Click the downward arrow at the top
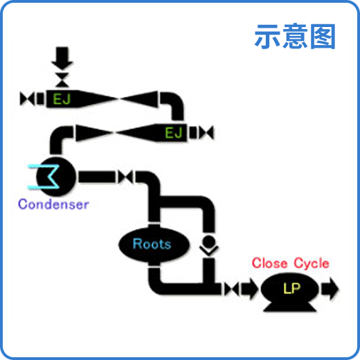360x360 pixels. coord(62,55)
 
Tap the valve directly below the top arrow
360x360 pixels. coord(62,75)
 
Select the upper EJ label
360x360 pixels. coord(62,98)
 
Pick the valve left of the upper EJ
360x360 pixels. coord(30,98)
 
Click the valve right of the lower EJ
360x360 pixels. coord(206,132)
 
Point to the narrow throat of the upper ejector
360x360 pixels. coord(120,98)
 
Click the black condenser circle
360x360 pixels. coord(58,177)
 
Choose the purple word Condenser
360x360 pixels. coord(53,204)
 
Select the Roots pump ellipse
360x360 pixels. coord(152,244)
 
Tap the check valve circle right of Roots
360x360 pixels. coord(208,243)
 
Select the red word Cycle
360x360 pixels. coord(312,264)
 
